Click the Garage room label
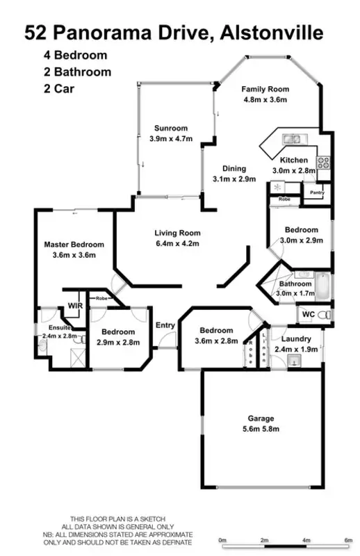[x=261, y=418]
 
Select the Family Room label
[x=265, y=89]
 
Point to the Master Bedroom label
[x=74, y=245]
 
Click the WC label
[x=307, y=315]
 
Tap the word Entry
[x=165, y=325]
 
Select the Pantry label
[x=318, y=194]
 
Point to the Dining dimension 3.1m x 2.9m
[x=234, y=179]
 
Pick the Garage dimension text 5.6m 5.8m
[x=261, y=430]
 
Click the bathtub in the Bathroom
[x=324, y=286]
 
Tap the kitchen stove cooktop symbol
[x=323, y=163]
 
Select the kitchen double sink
[x=290, y=139]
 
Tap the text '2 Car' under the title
[x=58, y=88]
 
